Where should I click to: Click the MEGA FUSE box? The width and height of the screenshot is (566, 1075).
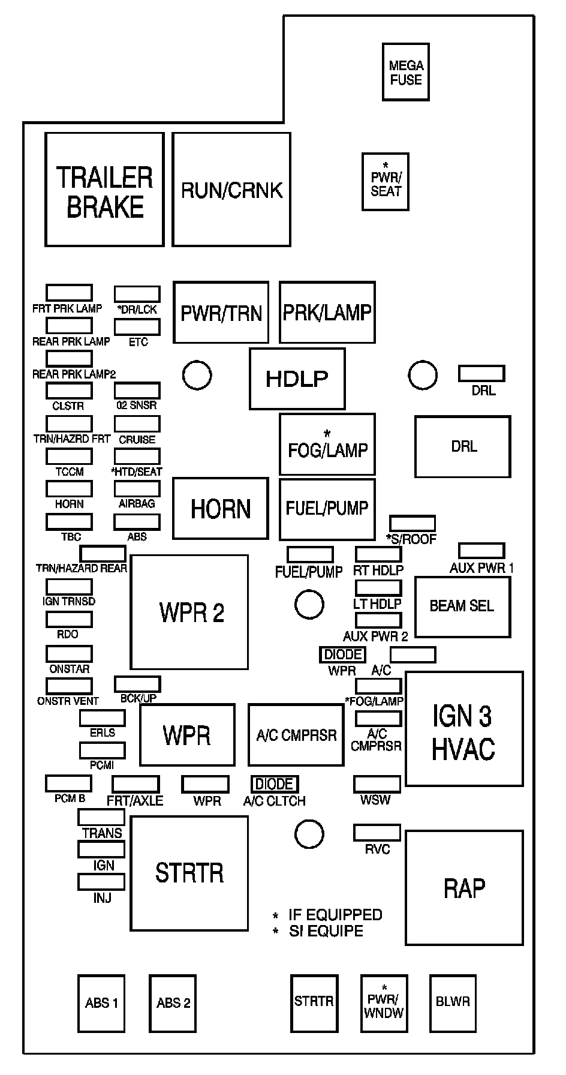coord(406,72)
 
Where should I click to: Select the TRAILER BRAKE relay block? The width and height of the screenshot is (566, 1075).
coord(104,190)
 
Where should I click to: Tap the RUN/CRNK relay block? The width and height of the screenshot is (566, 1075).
coord(231,190)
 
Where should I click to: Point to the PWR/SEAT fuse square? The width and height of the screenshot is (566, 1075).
coord(386,182)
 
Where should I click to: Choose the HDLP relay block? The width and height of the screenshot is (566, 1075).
coord(297,379)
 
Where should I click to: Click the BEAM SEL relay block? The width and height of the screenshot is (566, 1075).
coord(462,606)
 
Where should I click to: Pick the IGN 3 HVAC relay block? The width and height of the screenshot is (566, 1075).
coord(464,729)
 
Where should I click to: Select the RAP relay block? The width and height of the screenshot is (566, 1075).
coord(464,888)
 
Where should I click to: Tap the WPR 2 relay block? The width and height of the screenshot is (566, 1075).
coord(189,612)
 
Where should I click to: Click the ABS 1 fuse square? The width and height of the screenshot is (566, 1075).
coord(101,1003)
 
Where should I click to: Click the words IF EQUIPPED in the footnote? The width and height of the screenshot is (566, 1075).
coord(335,915)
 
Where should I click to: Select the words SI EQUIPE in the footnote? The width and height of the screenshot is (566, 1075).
coord(326,931)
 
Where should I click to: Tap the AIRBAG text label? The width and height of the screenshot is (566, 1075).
coord(137,504)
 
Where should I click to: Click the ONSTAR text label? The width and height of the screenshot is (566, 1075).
coord(69,669)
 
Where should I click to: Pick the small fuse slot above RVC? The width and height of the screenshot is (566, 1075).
coord(377,833)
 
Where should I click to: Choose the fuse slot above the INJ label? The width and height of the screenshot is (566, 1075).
coord(101,882)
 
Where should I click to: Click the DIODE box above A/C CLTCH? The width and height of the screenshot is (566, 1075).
coord(275,784)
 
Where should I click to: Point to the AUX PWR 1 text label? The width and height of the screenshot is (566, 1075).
coord(481,567)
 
